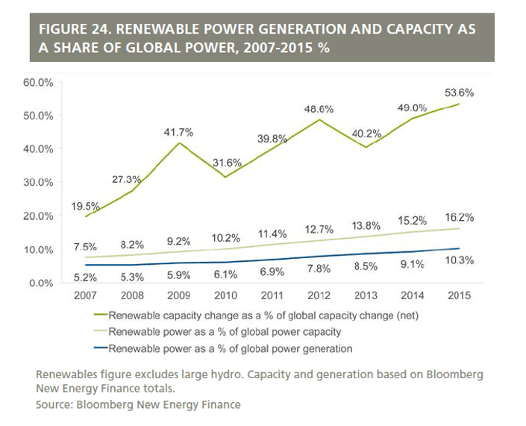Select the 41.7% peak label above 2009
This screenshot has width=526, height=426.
click(x=178, y=132)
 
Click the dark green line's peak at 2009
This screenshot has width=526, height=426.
click(x=178, y=143)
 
